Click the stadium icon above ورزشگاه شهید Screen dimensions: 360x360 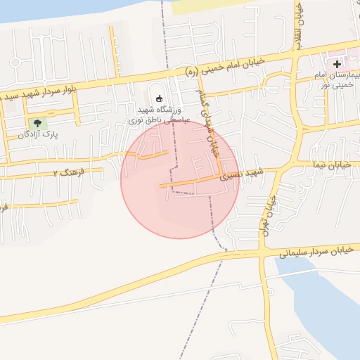coord(158,98)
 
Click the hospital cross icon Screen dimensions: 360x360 coord(337,64)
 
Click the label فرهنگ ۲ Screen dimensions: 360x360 coord(69,172)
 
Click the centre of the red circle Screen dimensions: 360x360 coord(180,179)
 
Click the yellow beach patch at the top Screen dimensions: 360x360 coord(211,6)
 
